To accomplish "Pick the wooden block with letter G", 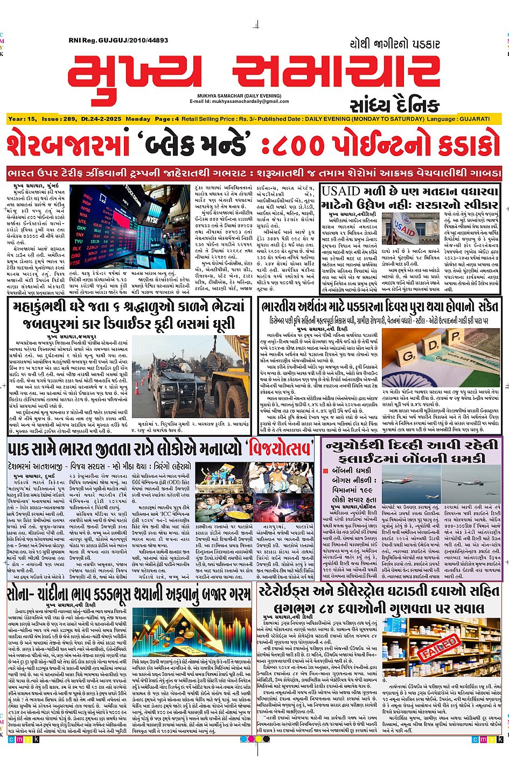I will coord(409,356).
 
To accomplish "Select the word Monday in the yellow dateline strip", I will coord(138,119).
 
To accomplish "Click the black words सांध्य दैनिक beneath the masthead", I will coord(394,105).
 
